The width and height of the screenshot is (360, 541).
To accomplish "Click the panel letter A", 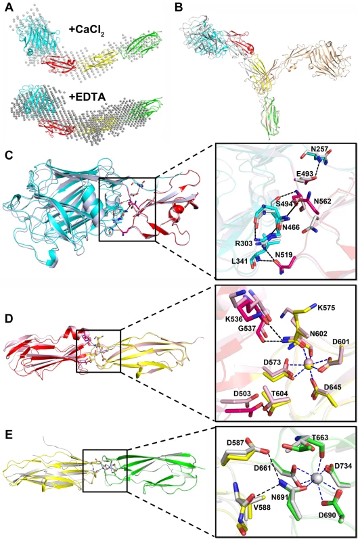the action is point(9,7).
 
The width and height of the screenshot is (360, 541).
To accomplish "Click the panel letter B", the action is point(179,7).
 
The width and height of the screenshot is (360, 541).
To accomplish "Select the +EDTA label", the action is point(87,97).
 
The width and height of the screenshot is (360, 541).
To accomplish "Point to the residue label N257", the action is point(319,149).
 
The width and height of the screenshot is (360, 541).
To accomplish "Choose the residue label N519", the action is point(284,255).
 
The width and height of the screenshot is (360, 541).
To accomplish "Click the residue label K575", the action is point(326,307).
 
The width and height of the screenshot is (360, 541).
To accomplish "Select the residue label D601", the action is point(340,342).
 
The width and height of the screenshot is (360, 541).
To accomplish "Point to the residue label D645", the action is point(333,387).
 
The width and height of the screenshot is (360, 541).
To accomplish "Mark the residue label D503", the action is point(229,394).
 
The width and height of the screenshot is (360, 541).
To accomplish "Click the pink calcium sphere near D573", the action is point(309,363).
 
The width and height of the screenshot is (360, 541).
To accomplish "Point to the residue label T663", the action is point(319,438).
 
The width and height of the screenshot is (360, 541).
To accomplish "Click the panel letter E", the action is point(8,434).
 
